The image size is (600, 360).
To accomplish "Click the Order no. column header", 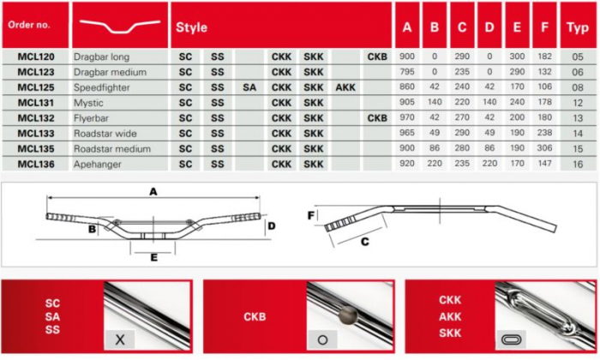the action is (29, 25).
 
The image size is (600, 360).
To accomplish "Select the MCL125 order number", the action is (36, 87).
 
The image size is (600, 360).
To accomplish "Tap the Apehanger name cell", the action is (97, 165).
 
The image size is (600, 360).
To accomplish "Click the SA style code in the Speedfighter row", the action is (249, 87).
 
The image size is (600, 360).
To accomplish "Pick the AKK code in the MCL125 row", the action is (345, 87).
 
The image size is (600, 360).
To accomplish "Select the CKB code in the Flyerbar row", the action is (377, 118).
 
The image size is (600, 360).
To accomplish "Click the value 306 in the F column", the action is (544, 148).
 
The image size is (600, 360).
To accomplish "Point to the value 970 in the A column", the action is (407, 117).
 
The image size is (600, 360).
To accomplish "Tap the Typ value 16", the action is (578, 165).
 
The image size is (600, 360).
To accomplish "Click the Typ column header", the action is (578, 27).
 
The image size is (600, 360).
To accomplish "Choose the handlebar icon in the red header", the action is (120, 26).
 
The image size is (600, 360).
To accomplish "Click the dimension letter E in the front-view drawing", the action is (153, 257).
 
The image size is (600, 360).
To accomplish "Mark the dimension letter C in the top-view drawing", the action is (365, 242).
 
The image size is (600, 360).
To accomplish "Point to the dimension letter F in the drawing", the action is (311, 216).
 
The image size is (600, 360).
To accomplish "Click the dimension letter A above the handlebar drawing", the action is (153, 191).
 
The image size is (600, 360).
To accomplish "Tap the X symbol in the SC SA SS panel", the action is (120, 339).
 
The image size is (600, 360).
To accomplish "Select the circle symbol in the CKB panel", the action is (322, 339).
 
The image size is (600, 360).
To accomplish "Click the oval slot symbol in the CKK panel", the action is (511, 339).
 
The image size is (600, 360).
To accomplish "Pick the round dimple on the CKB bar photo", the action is (348, 315).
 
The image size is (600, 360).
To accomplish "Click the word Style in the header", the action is (191, 27).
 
